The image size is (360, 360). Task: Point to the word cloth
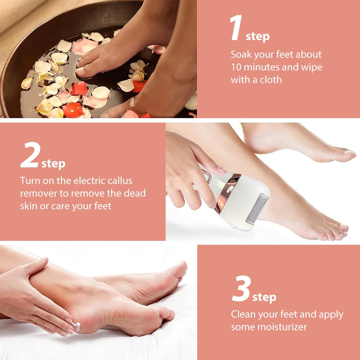[x=271, y=80]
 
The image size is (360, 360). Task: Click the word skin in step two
[x=28, y=206]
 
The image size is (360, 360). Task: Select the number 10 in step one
[x=237, y=67]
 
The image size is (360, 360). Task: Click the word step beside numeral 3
[x=264, y=297]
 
